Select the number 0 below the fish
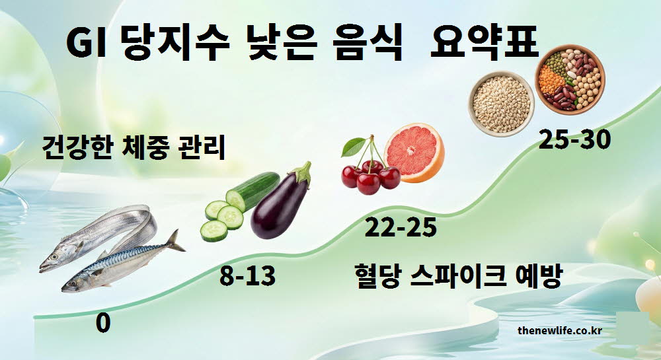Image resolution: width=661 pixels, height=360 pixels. coord(102,324)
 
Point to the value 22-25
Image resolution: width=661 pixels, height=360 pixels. coord(401,228)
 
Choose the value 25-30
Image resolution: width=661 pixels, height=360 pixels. coord(574,139)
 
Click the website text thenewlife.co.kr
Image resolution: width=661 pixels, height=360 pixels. coord(559,330)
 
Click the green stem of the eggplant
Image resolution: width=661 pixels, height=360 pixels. coord(303,173)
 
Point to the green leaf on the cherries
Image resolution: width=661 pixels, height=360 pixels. coord(354,147)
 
